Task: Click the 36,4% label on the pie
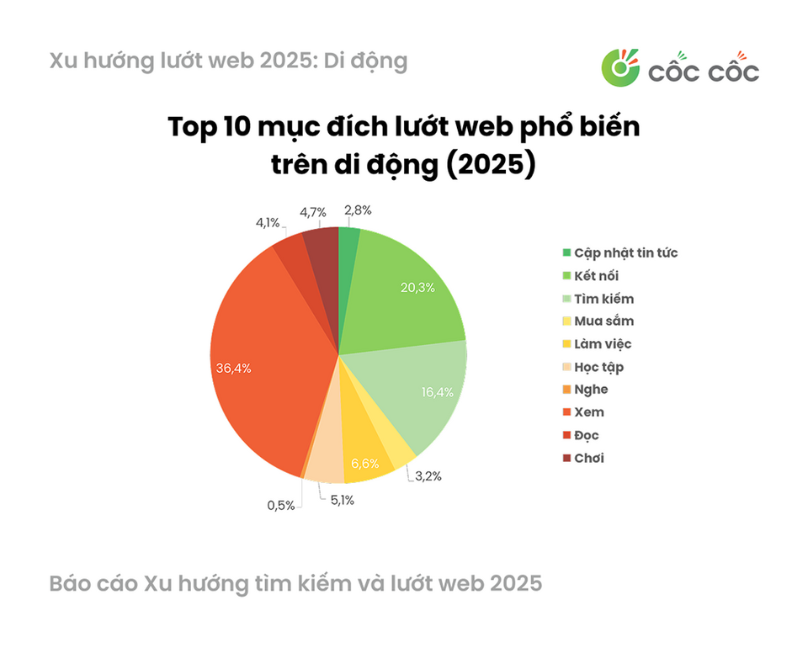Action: click(x=233, y=369)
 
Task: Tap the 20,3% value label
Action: click(x=418, y=288)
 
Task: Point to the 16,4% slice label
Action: click(x=438, y=392)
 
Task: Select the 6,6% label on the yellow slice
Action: click(x=364, y=464)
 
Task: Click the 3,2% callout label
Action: click(x=428, y=476)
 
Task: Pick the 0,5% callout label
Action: click(x=281, y=506)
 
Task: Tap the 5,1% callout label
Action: click(x=343, y=500)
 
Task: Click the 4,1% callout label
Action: click(x=268, y=222)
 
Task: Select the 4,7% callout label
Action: click(x=313, y=212)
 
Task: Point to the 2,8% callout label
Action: click(x=359, y=210)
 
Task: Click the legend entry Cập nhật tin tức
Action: click(x=620, y=253)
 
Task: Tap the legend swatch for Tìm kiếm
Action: click(x=566, y=299)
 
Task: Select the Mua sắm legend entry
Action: click(x=598, y=321)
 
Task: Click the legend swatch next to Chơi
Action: click(x=566, y=458)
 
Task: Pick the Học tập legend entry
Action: click(x=593, y=367)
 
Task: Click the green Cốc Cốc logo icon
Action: click(x=620, y=67)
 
